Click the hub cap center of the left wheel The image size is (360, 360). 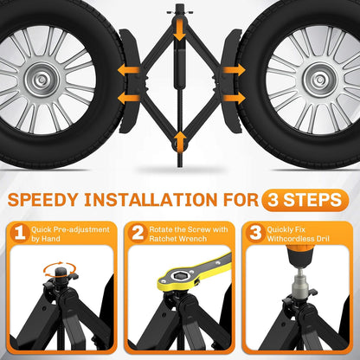42,79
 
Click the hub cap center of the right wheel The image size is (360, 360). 320,79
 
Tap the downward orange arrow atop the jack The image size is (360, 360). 180,29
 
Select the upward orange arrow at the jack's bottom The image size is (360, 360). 180,141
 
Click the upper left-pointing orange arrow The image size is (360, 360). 129,70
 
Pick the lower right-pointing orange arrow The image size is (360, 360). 234,99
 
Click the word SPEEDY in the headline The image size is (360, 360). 43,200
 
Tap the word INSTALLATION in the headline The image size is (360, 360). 151,200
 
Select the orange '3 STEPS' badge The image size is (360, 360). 305,200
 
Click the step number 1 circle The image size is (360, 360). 20,233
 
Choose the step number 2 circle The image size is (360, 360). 138,233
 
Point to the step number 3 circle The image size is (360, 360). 255,233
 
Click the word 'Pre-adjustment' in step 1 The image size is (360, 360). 81,230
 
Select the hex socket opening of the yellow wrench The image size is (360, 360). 177,276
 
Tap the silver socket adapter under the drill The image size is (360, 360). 300,281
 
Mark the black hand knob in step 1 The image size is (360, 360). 60,274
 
